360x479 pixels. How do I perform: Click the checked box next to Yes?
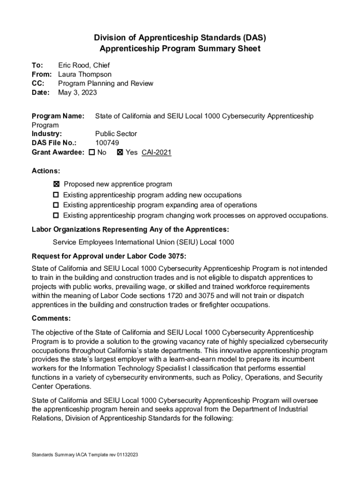(x=120, y=152)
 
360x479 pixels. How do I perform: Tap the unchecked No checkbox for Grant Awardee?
(x=92, y=152)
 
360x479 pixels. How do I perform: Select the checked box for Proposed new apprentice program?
(x=56, y=184)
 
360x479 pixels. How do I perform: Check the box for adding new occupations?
(x=56, y=195)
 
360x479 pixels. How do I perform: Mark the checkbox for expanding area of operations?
(x=56, y=205)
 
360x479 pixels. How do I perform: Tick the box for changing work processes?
(x=56, y=216)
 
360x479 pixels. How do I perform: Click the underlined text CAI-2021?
(x=156, y=152)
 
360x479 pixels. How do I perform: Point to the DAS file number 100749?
(x=107, y=143)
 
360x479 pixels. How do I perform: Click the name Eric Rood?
(x=75, y=65)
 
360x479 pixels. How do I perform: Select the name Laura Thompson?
(x=85, y=74)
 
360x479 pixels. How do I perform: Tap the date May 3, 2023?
(x=77, y=93)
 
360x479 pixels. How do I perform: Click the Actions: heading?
(x=45, y=171)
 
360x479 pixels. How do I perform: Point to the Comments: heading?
(x=51, y=319)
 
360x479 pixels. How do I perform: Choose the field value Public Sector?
(x=116, y=134)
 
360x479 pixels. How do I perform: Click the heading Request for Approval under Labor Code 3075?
(x=108, y=256)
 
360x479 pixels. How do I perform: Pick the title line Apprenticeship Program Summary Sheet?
(x=180, y=49)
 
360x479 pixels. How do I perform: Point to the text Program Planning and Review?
(x=106, y=84)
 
